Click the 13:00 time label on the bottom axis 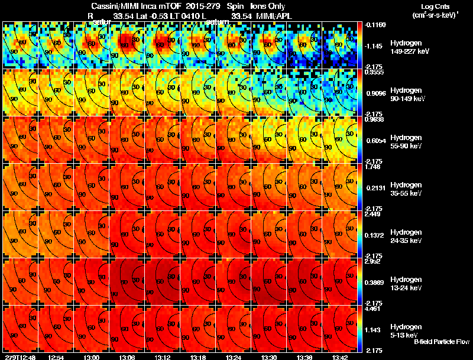click(92, 357)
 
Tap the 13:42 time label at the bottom click(340, 357)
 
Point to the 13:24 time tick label click(233, 357)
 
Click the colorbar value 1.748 click(372, 166)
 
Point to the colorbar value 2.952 click(372, 261)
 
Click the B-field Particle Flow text click(442, 342)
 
